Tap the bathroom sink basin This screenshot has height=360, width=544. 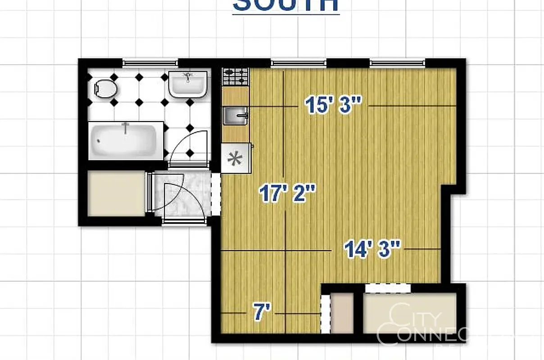pyautogui.click(x=188, y=84)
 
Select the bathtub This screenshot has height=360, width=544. pyautogui.click(x=124, y=140)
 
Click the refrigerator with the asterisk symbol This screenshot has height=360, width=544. pyautogui.click(x=235, y=158)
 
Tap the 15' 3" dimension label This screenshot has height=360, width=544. pyautogui.click(x=333, y=105)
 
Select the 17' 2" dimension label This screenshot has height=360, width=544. pyautogui.click(x=287, y=194)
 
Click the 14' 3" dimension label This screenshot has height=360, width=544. pyautogui.click(x=372, y=249)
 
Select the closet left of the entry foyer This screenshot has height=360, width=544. pyautogui.click(x=116, y=193)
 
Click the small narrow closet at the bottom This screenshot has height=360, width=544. pyautogui.click(x=342, y=313)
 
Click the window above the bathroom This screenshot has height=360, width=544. pyautogui.click(x=150, y=63)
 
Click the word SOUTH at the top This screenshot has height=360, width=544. pyautogui.click(x=286, y=5)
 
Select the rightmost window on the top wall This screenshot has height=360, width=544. pyautogui.click(x=397, y=63)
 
